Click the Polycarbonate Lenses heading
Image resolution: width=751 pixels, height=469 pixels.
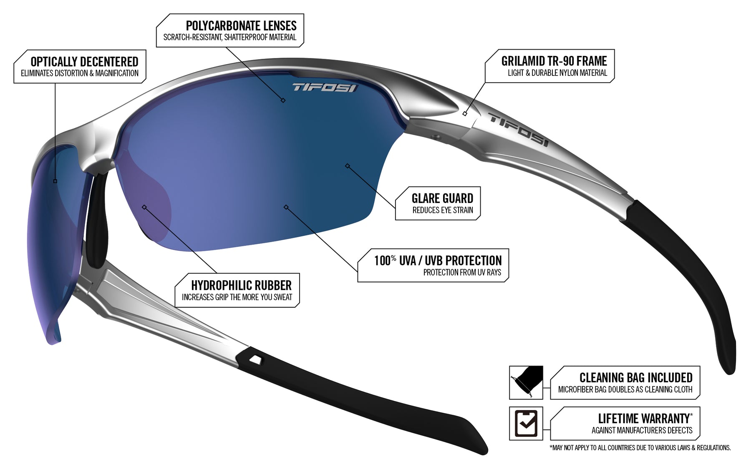coord(241,26)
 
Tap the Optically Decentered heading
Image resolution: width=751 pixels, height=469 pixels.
coord(84,62)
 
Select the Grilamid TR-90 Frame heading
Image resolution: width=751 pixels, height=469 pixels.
coord(554,61)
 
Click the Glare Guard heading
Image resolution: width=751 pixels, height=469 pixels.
coord(442,198)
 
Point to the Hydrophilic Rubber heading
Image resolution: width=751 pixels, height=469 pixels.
coord(241,286)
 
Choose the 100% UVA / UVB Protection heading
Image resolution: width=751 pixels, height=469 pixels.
coord(438,261)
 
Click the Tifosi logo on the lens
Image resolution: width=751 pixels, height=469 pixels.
coord(324,88)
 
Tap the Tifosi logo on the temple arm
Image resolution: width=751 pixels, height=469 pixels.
coord(519,130)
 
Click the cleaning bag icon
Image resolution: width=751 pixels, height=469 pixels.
coord(526,382)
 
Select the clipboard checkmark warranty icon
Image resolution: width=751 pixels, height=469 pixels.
coord(526,423)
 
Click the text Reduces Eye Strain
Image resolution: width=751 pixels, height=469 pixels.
coord(443,210)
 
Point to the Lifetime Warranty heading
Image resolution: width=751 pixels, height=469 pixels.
coord(645,418)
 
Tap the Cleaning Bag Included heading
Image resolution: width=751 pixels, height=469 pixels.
coord(635,378)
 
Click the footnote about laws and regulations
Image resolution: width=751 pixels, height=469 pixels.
coord(640,448)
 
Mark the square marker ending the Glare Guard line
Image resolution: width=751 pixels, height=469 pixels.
coord(347,166)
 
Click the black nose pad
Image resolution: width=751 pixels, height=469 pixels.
coord(97,221)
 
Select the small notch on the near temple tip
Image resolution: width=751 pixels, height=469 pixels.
coord(255,359)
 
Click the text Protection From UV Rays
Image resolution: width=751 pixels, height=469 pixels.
coord(462,273)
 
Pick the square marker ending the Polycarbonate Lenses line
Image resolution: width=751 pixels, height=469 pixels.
coord(283,100)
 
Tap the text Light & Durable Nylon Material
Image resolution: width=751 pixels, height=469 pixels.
coord(557,73)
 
